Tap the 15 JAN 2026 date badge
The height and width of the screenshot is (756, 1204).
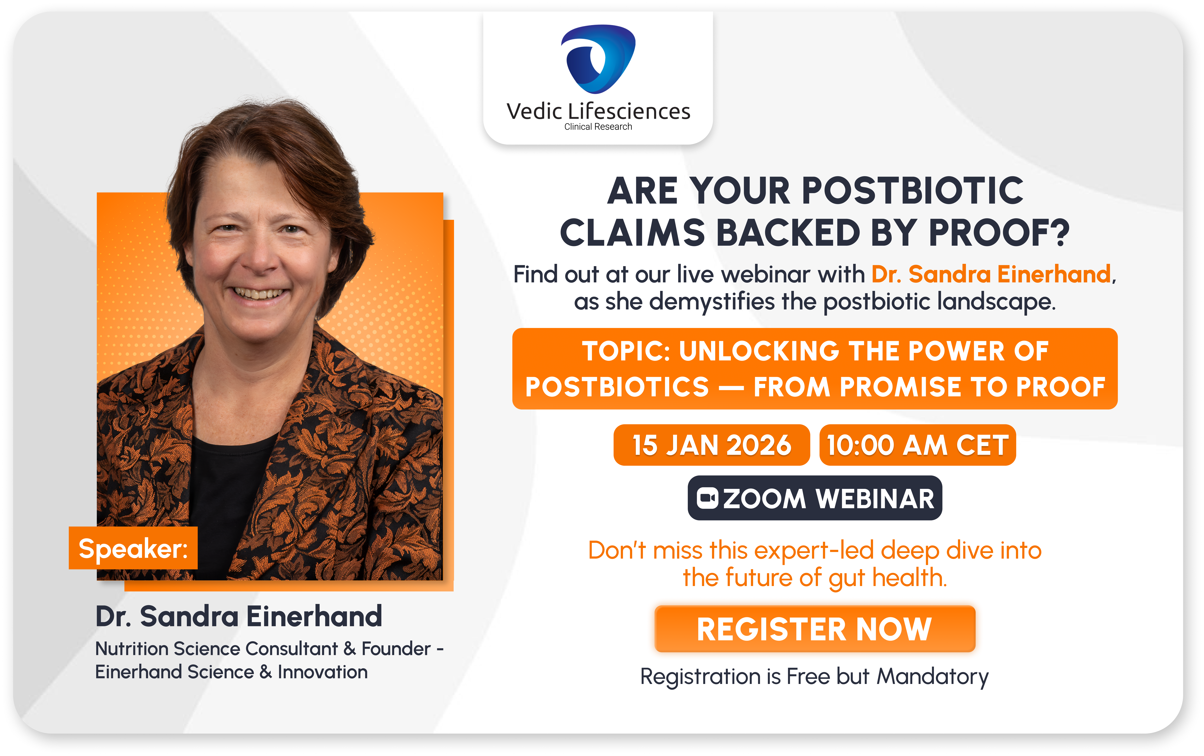point(712,445)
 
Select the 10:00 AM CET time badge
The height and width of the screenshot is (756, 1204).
point(917,445)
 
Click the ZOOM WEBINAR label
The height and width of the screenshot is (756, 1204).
point(815,498)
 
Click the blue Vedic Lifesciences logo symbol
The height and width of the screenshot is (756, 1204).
point(598,59)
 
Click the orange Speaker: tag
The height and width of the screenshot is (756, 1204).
point(133,548)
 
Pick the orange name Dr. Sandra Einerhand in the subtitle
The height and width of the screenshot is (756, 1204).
point(991,274)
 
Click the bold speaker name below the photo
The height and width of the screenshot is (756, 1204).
point(238,616)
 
